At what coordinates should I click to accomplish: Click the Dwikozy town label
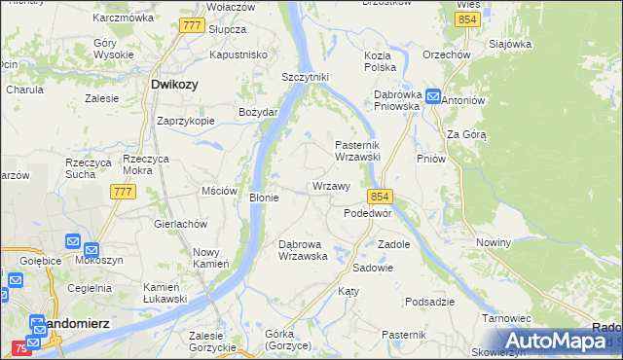coord(175,85)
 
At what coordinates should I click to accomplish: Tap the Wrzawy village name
coord(331,186)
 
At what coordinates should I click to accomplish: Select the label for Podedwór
coord(367,213)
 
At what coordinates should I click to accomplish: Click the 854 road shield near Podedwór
coord(380,196)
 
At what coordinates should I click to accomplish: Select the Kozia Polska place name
coord(380,61)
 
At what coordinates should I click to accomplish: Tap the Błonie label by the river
coord(265,198)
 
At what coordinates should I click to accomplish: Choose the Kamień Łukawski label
coord(165,293)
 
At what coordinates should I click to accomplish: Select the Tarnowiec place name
coord(505,318)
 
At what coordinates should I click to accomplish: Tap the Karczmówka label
coord(123,18)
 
